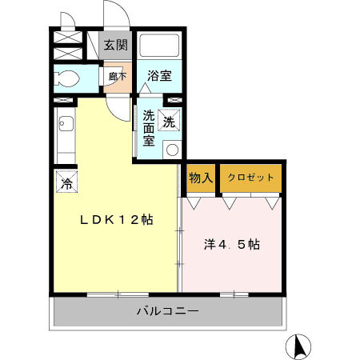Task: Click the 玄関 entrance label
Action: click(117, 45)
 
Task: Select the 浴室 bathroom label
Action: click(159, 76)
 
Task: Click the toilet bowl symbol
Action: click(68, 79)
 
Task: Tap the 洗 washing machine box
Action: click(170, 122)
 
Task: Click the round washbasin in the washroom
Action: click(170, 148)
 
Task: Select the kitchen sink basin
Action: click(65, 125)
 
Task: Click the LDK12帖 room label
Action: click(114, 219)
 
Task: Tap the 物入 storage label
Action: click(200, 178)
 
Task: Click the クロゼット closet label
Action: click(250, 178)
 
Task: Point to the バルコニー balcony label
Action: click(167, 310)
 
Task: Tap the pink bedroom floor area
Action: click(232, 264)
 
